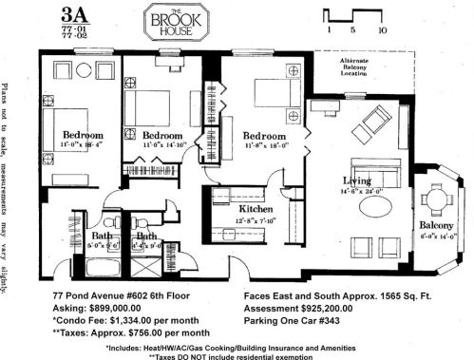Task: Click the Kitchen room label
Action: [230, 208]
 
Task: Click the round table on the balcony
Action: [436, 199]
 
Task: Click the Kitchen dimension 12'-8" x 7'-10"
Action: [230, 219]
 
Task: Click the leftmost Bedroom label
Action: [83, 135]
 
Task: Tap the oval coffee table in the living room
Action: [368, 203]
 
